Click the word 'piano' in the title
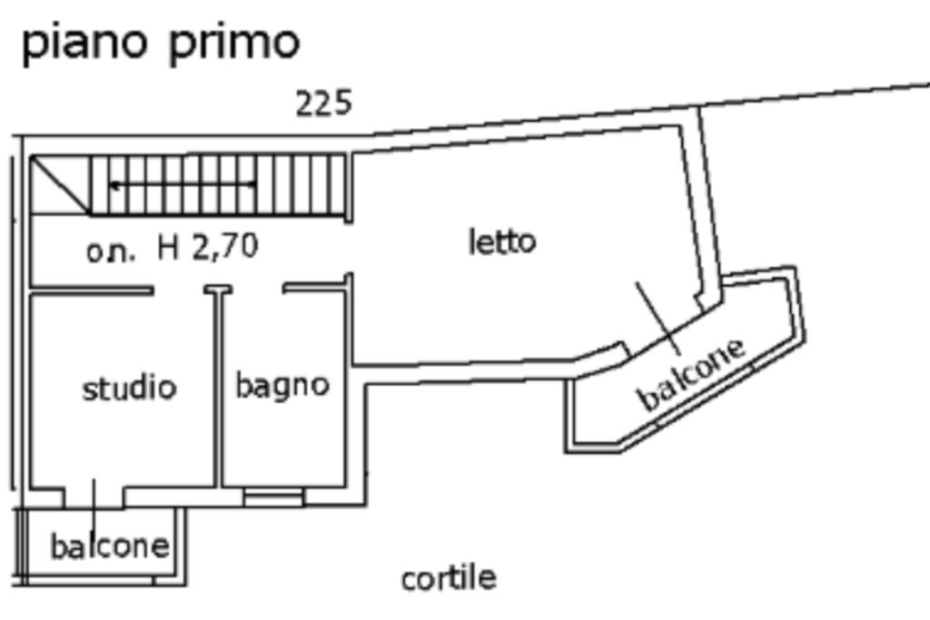84,43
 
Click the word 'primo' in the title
233,43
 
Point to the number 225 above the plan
323,103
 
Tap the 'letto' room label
502,241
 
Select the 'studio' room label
129,388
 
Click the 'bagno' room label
282,384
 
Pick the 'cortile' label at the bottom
449,577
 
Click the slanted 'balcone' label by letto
692,373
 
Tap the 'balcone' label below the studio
109,546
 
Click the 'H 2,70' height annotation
208,246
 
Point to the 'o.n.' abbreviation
111,251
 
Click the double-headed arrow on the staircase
182,185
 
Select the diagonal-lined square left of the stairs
60,185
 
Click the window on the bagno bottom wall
273,497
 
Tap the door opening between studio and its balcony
94,496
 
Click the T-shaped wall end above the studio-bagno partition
218,290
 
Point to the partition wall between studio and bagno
218,390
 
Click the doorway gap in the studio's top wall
178,290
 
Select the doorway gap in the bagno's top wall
258,290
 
